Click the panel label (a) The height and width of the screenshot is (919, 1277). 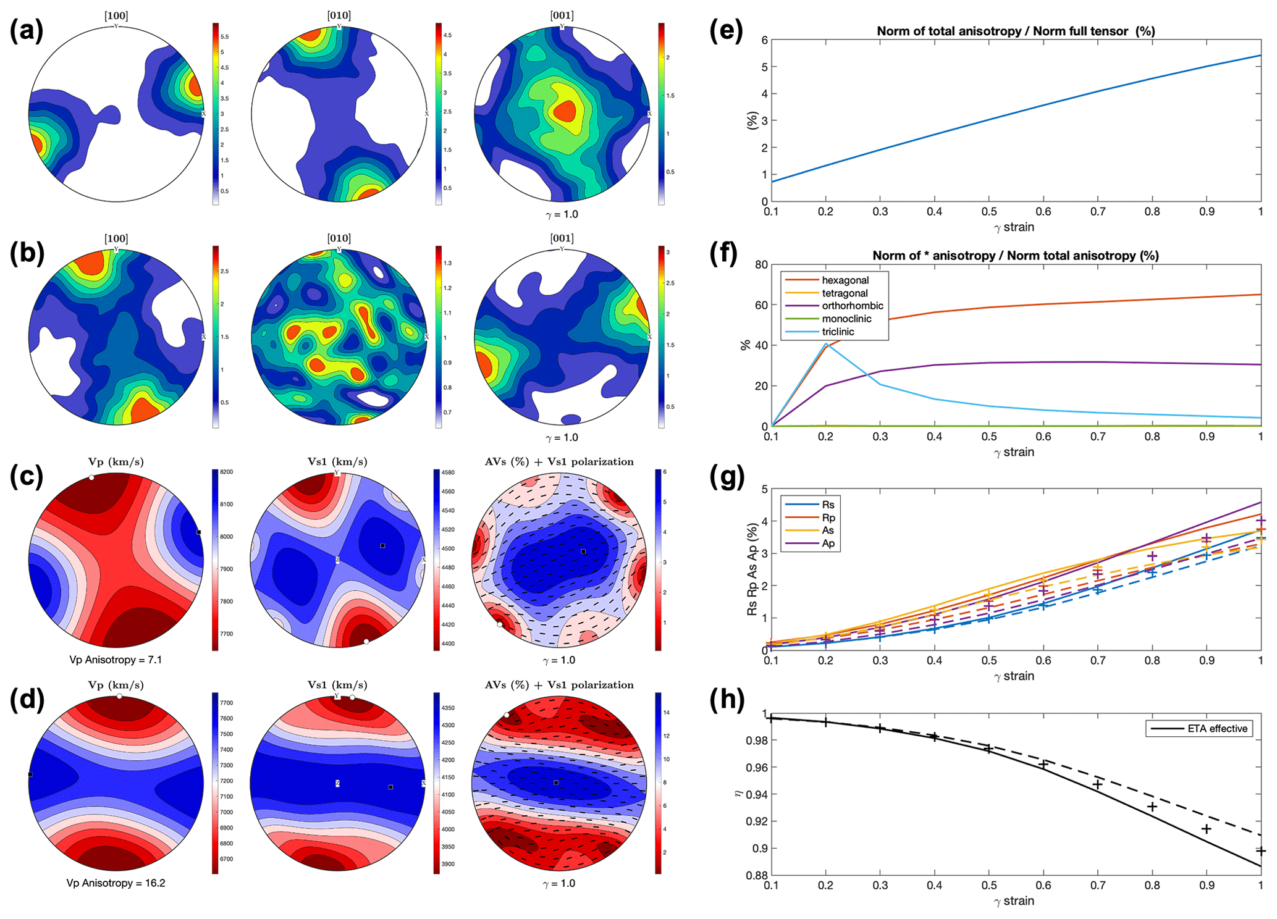coord(26,31)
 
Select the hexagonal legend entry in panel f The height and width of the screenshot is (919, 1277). coord(845,280)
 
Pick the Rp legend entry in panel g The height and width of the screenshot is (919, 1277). coord(828,518)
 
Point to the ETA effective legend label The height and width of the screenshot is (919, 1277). coord(1217,729)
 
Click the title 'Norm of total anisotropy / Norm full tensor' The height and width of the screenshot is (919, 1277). coord(1016,31)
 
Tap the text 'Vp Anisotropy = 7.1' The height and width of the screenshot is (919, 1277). coord(116,660)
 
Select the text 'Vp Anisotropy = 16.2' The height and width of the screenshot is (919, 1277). coord(116,883)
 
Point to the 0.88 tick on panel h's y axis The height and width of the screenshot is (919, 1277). coord(757,875)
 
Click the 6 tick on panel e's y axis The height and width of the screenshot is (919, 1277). coord(764,40)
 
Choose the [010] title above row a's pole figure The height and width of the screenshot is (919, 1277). coord(339,15)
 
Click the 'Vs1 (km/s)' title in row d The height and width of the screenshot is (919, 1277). coord(337,685)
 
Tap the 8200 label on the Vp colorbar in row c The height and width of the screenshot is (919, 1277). coord(226,472)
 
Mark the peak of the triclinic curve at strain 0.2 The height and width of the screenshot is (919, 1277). coord(826,343)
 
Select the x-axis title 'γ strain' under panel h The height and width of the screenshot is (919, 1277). coord(1014,900)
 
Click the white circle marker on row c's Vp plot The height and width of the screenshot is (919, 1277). coord(91,477)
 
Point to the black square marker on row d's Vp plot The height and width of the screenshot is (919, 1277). coord(30,774)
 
